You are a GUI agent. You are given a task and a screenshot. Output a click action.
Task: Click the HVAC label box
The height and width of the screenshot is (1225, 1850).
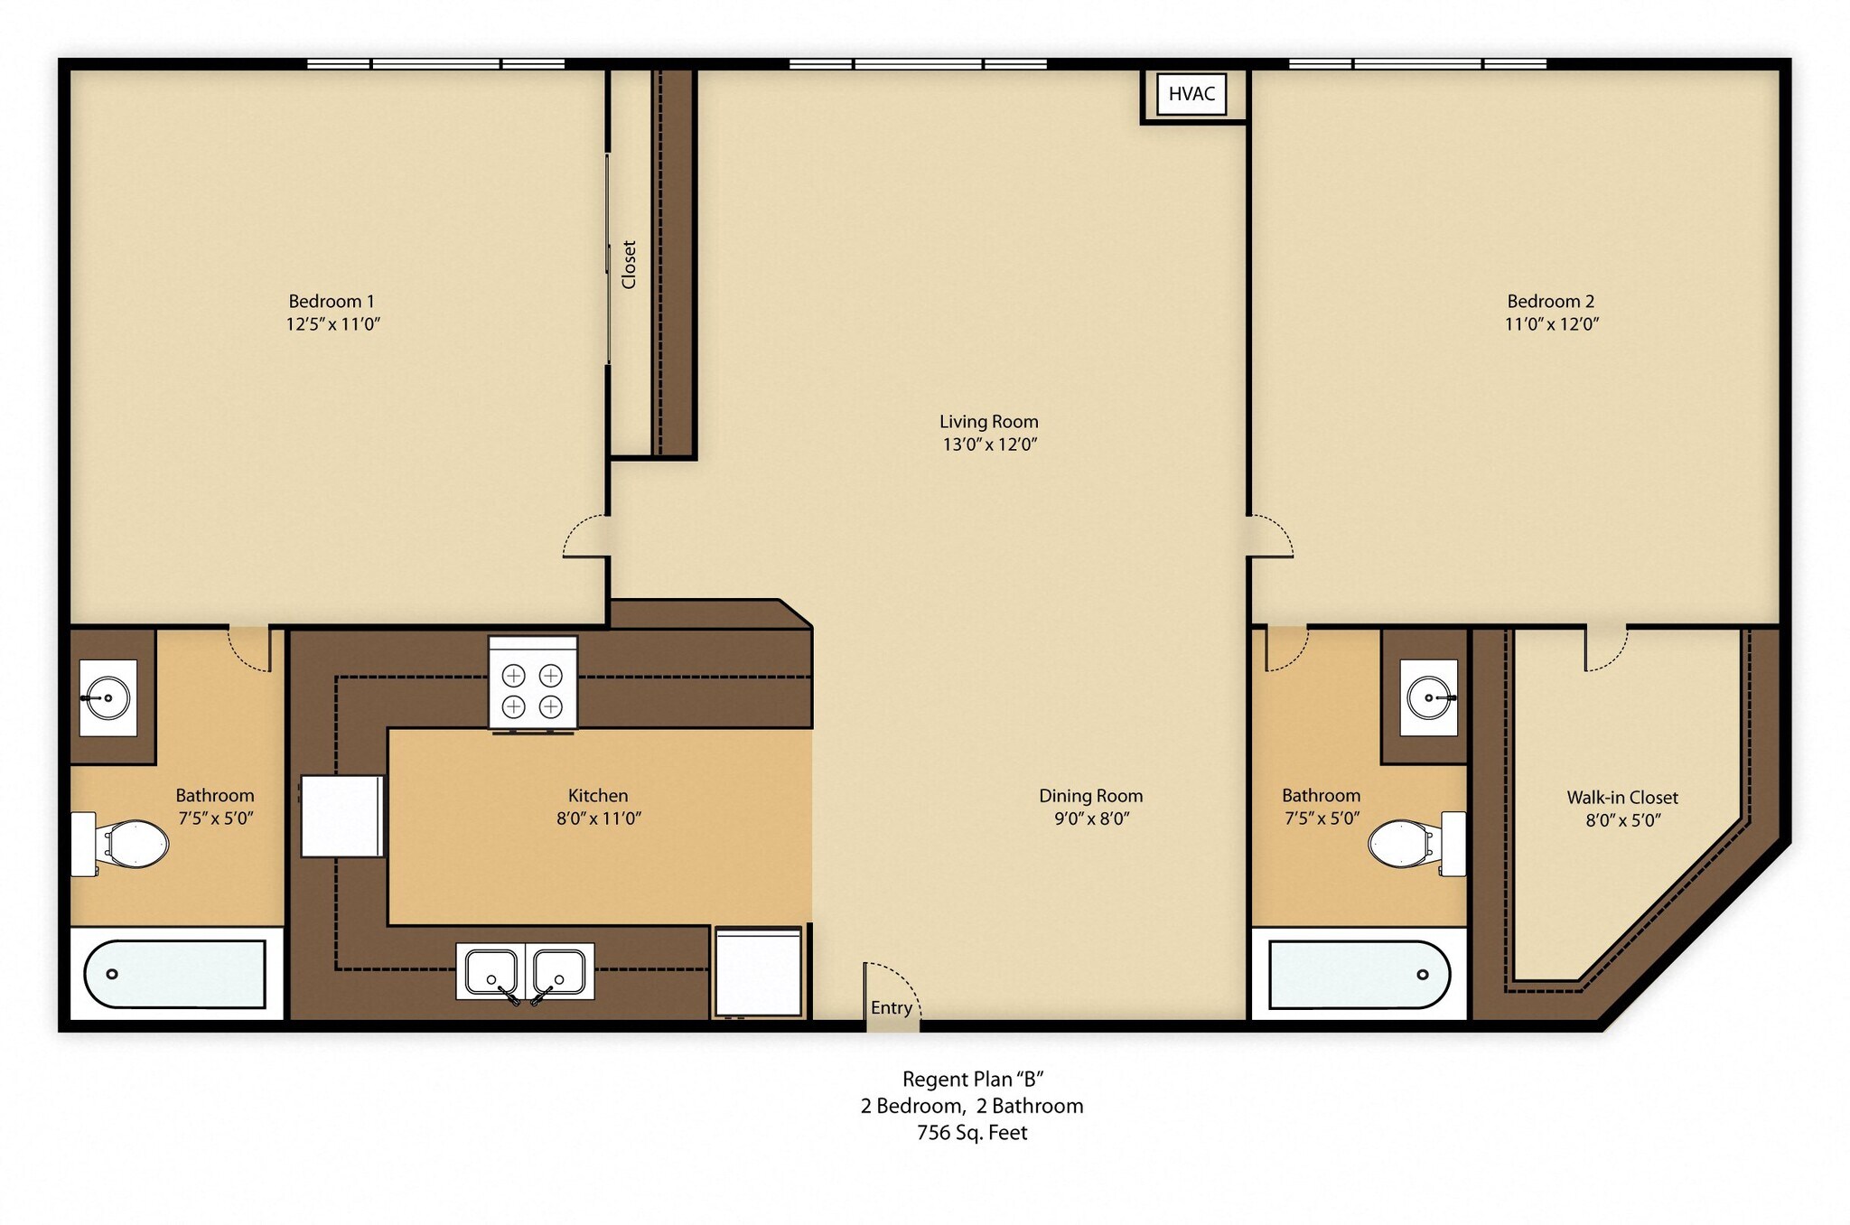pos(1191,94)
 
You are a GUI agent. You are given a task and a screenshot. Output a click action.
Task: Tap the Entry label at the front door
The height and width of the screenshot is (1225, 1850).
pos(891,1008)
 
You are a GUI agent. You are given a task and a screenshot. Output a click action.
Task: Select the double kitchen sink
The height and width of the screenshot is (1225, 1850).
pos(525,972)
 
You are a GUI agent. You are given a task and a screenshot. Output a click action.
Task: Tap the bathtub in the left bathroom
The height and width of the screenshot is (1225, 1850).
pos(175,974)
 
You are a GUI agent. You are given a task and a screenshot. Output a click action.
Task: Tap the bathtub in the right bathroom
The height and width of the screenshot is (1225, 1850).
pos(1359,975)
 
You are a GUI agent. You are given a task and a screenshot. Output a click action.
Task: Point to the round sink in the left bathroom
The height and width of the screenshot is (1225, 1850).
pos(107,697)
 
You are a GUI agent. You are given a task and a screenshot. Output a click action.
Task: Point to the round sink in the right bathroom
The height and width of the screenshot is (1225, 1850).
pos(1429,697)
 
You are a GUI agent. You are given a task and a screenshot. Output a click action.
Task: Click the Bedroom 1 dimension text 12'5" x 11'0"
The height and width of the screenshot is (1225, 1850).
pos(332,324)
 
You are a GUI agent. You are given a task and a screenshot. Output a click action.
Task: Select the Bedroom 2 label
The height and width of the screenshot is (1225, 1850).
pos(1550,302)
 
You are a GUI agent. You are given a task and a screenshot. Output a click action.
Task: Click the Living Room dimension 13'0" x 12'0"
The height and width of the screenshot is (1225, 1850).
pos(989,444)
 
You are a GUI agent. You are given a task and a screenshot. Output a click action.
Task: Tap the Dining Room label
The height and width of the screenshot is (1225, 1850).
pos(1090,796)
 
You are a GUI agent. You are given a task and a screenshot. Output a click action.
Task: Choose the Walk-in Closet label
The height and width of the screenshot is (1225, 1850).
pos(1621,798)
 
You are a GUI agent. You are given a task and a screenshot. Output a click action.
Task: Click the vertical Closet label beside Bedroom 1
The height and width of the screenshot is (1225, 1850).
pos(629,265)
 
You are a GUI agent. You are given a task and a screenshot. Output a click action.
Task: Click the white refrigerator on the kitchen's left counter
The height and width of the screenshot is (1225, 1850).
pos(342,816)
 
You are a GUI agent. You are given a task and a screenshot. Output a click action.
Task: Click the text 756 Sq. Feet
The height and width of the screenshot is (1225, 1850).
pos(972,1133)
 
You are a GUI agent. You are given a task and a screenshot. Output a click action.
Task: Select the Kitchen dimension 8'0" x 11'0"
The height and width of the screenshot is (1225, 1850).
pos(598,818)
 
